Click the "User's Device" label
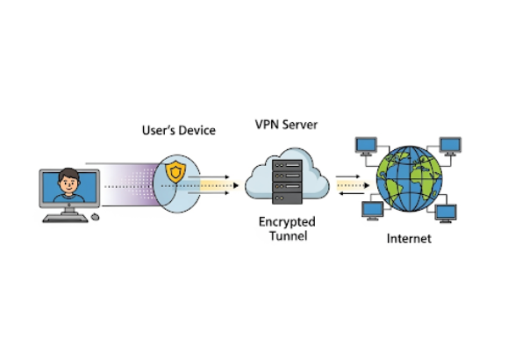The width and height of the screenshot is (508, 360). (179, 130)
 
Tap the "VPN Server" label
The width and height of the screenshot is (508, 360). (286, 125)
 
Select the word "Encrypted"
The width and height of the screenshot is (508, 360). (287, 222)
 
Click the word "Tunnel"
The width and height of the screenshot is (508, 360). (288, 236)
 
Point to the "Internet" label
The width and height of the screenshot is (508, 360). (409, 239)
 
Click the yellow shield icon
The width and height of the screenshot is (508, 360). (175, 172)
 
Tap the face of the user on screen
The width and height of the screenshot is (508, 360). (68, 183)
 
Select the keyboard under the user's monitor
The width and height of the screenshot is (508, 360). (65, 219)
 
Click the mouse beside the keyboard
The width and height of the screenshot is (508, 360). (96, 217)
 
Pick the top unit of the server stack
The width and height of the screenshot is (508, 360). (288, 165)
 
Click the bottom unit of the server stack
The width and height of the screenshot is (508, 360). (288, 198)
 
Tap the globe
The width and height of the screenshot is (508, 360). (409, 179)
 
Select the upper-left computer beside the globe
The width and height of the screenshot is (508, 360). (366, 147)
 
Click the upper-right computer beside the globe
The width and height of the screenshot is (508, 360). (450, 147)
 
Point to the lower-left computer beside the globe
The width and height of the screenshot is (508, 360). (373, 211)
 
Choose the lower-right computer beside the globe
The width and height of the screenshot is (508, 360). (446, 213)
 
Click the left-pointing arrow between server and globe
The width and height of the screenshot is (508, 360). (351, 194)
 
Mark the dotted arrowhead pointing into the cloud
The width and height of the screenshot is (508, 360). (236, 186)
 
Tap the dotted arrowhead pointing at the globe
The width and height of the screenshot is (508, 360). (367, 185)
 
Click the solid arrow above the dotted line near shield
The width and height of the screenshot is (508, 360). (209, 177)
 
